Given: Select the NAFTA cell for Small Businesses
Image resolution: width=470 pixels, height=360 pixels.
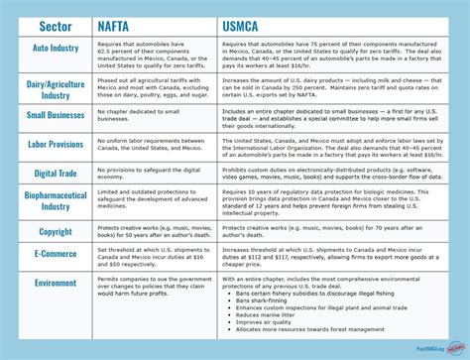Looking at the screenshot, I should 149,115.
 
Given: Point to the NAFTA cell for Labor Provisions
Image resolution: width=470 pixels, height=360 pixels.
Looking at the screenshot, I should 149,145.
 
